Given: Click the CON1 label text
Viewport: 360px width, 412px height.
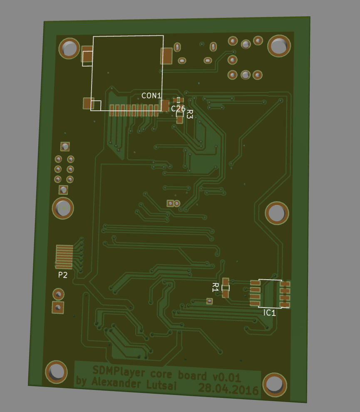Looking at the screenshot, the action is (x=151, y=96).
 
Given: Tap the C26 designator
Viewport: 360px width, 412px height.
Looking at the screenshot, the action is (x=178, y=109).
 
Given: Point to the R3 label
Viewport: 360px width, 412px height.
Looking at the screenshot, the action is (x=190, y=114).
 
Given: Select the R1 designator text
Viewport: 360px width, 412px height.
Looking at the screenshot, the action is (x=215, y=288).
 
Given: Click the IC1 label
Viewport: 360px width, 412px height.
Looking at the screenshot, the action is (x=270, y=313).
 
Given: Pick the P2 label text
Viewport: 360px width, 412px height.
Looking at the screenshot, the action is (x=63, y=275).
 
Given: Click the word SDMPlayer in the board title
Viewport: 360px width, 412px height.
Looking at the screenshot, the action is (x=119, y=372).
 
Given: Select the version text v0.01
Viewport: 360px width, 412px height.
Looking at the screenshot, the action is (x=226, y=377).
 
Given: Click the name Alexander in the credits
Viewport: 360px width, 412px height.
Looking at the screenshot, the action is (x=116, y=382).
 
